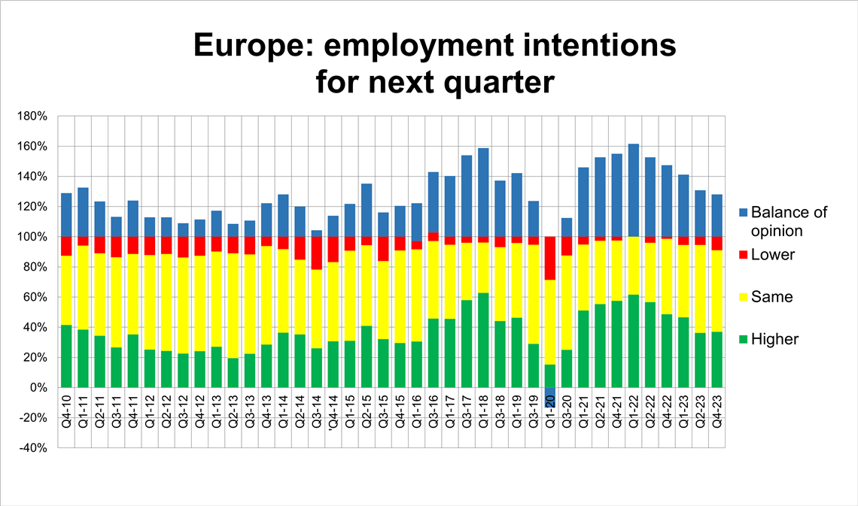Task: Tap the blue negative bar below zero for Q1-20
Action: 550,397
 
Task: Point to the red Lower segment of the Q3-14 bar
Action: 316,253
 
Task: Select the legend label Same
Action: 772,297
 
